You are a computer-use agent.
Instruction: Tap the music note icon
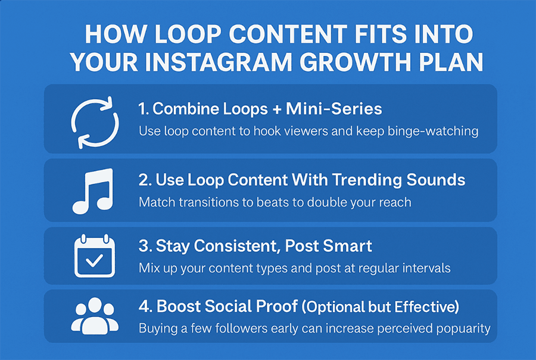pyautogui.click(x=92, y=190)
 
